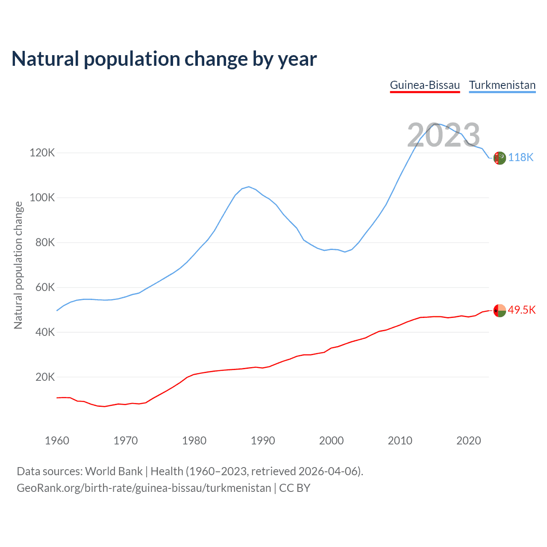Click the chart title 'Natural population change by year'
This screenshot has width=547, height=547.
point(164,59)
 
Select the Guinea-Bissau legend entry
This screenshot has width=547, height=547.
point(425,85)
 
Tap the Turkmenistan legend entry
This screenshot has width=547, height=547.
point(502,85)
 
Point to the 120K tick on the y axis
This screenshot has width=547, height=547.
point(42,153)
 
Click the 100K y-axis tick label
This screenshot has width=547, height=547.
point(42,197)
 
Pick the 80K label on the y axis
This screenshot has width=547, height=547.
point(44,242)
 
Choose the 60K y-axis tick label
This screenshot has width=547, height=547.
point(44,287)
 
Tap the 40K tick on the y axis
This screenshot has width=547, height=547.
point(44,332)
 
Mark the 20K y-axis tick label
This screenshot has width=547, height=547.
point(44,377)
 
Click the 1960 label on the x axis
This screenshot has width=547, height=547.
point(57,441)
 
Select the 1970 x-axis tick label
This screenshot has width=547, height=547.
point(126,441)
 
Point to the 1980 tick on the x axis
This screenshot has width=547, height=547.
point(194,441)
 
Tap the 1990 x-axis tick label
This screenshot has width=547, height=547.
point(263,441)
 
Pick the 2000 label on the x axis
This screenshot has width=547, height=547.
point(331,441)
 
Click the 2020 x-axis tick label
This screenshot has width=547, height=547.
point(469,441)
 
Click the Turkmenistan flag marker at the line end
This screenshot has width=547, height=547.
point(500,158)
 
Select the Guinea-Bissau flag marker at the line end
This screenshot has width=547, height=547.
point(500,311)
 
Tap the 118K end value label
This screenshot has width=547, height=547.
point(521,158)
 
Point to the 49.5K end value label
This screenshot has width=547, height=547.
point(522,310)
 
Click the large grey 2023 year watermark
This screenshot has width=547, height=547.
point(444,135)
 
